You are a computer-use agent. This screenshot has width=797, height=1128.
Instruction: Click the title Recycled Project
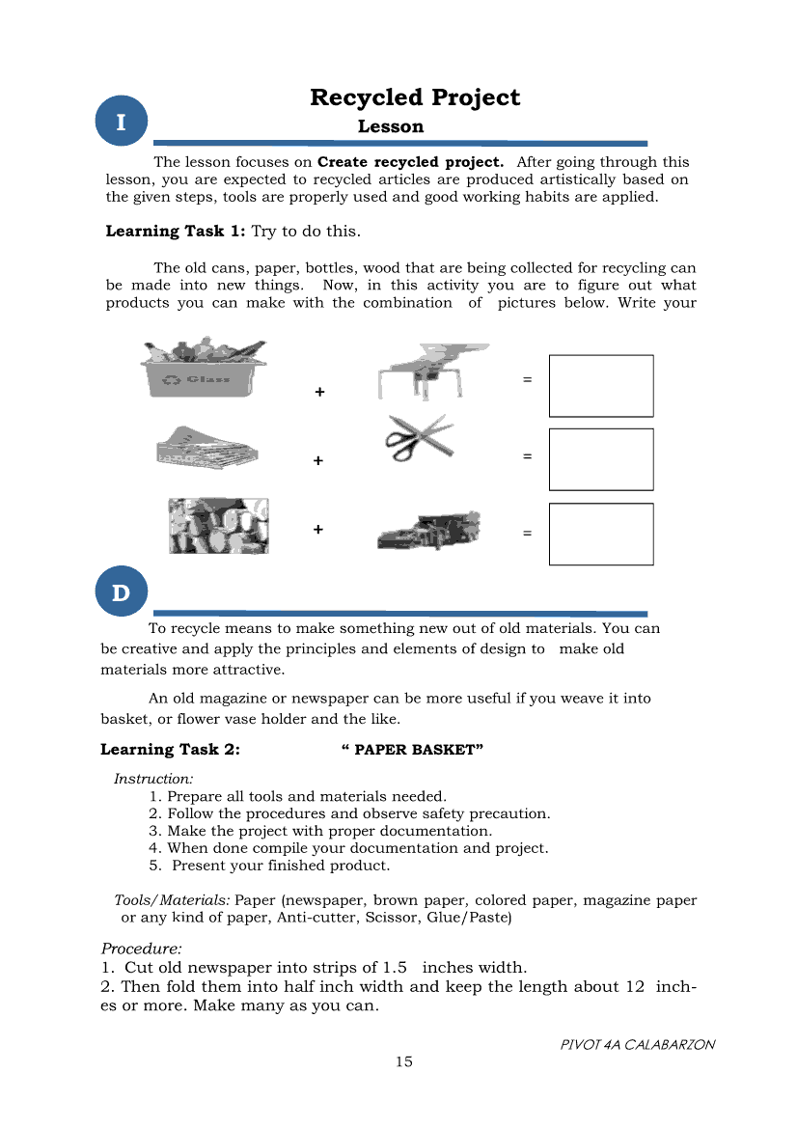(x=415, y=97)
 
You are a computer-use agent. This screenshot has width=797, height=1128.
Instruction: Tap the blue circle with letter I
(x=121, y=123)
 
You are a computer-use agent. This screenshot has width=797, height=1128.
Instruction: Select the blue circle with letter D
(x=121, y=592)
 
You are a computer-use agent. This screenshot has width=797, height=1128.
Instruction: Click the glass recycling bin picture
(x=204, y=369)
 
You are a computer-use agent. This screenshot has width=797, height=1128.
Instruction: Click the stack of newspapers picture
(x=207, y=448)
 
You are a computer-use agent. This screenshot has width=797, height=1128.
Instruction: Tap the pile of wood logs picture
(x=218, y=526)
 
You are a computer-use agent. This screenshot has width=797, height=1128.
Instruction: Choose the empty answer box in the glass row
(x=600, y=386)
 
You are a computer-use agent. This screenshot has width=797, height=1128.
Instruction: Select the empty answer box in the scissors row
(x=600, y=459)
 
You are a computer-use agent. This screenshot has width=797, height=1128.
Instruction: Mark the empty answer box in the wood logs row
(x=600, y=534)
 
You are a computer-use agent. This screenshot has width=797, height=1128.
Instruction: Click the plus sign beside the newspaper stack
(x=318, y=461)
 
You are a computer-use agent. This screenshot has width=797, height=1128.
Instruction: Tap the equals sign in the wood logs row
(x=527, y=533)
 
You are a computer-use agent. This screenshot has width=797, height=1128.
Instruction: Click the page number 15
(x=403, y=1061)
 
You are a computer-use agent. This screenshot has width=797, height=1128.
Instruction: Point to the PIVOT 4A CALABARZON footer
(x=638, y=1044)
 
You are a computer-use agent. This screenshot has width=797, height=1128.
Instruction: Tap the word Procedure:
(x=141, y=949)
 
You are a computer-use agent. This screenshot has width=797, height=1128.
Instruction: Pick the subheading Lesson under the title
(x=391, y=126)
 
